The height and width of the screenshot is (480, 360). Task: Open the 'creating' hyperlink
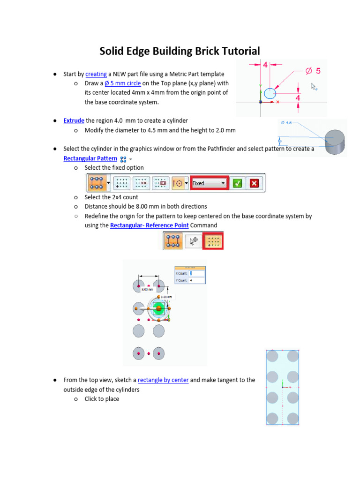[x=96, y=74]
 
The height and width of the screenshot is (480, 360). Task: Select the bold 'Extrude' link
[x=74, y=121]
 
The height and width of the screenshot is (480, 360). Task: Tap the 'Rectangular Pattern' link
[x=90, y=158]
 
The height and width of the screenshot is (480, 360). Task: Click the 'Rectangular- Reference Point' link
[x=149, y=225]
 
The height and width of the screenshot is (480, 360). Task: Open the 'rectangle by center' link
[x=163, y=380]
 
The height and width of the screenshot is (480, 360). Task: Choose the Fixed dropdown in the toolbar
[x=209, y=183]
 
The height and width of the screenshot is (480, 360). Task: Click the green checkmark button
[x=237, y=183]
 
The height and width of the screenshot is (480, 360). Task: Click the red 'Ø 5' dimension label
[x=313, y=71]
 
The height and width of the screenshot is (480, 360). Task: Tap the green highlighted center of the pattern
[x=158, y=308]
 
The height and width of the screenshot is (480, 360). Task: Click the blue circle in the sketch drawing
[x=270, y=93]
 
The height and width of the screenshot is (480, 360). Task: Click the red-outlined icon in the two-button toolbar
[x=213, y=241]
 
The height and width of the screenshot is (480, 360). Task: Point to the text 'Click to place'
[x=102, y=399]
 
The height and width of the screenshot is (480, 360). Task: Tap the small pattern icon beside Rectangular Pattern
[x=123, y=159]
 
